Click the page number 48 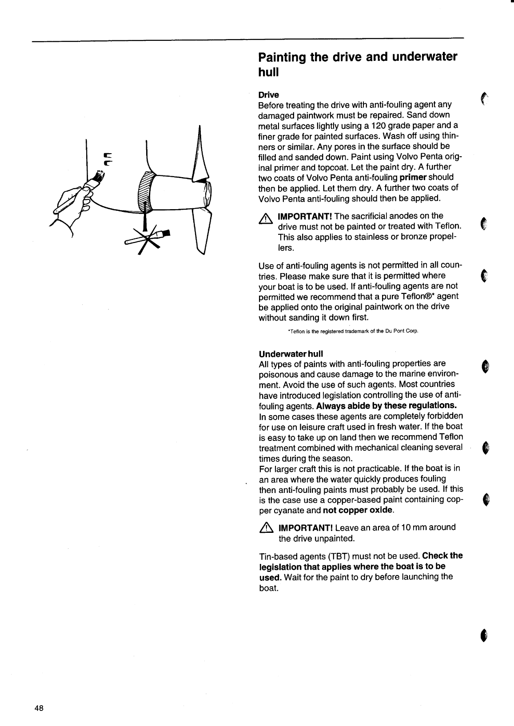(x=39, y=708)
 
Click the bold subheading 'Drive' (x=269, y=95)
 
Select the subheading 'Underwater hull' (x=291, y=353)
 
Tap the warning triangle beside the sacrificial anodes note (x=266, y=218)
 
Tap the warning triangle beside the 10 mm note (x=266, y=528)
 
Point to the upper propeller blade (x=201, y=153)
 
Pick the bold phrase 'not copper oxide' (x=359, y=510)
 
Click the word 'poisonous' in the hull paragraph (x=276, y=374)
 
